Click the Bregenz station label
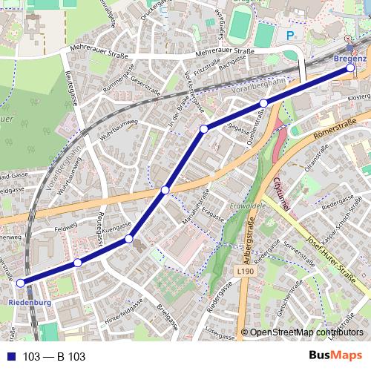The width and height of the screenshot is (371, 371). (x=350, y=58)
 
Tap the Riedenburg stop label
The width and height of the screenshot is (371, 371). (x=30, y=303)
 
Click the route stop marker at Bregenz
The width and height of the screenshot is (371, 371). (x=350, y=68)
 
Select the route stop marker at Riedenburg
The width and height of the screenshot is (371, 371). (x=21, y=282)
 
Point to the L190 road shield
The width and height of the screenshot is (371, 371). (x=247, y=273)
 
